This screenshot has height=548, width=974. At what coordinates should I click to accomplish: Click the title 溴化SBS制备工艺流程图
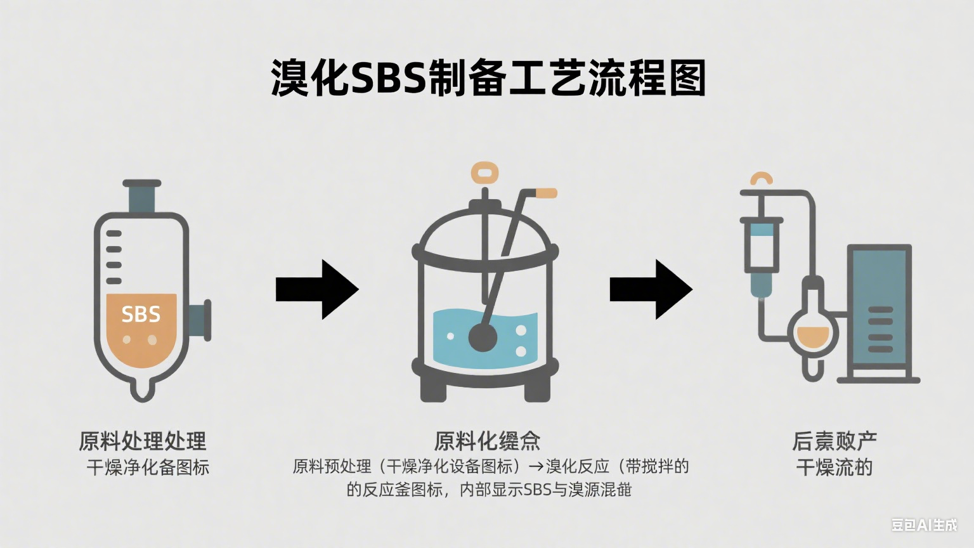tap(488, 79)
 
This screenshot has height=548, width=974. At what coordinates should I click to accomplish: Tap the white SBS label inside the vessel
tap(141, 315)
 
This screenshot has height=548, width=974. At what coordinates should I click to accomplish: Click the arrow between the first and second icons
tap(317, 289)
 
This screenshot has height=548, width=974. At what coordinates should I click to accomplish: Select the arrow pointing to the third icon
tap(651, 289)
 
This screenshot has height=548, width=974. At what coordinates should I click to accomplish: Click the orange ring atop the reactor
tap(485, 172)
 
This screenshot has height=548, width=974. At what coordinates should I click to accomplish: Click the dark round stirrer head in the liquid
tap(482, 337)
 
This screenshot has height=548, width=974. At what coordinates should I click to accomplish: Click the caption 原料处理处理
tap(143, 441)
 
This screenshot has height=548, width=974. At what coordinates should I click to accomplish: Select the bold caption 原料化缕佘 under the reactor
tap(487, 441)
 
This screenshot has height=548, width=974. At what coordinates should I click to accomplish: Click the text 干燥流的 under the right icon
tap(834, 467)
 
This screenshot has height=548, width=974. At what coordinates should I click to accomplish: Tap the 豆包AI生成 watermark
tap(924, 525)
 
